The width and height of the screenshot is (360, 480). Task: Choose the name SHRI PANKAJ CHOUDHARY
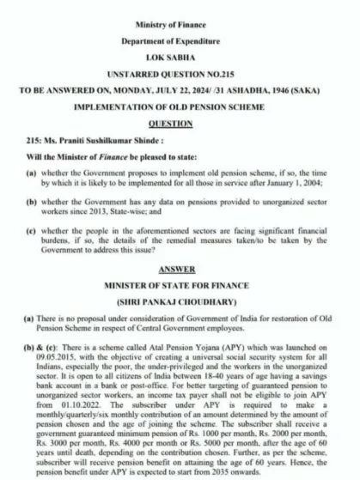(180, 307)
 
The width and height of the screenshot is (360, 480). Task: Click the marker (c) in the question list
(30, 232)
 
